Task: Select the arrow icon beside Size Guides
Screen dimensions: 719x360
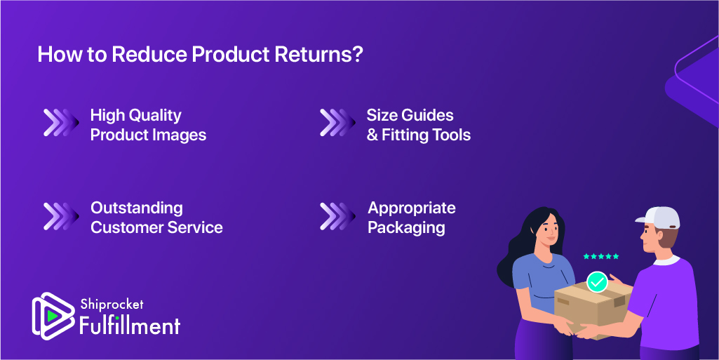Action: pos(337,122)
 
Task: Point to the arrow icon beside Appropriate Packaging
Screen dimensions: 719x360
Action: pos(337,216)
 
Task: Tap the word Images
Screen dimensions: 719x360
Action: pos(180,135)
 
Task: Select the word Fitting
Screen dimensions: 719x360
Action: pos(401,135)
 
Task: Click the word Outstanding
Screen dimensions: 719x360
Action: pos(137,208)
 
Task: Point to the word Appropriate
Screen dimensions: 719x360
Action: pos(412,208)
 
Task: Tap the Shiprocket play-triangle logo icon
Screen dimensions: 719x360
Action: pos(53,316)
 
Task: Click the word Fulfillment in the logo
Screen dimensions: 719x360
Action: pos(130,325)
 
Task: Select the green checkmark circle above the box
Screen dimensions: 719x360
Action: pos(597,282)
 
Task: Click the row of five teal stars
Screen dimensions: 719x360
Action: pos(601,256)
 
